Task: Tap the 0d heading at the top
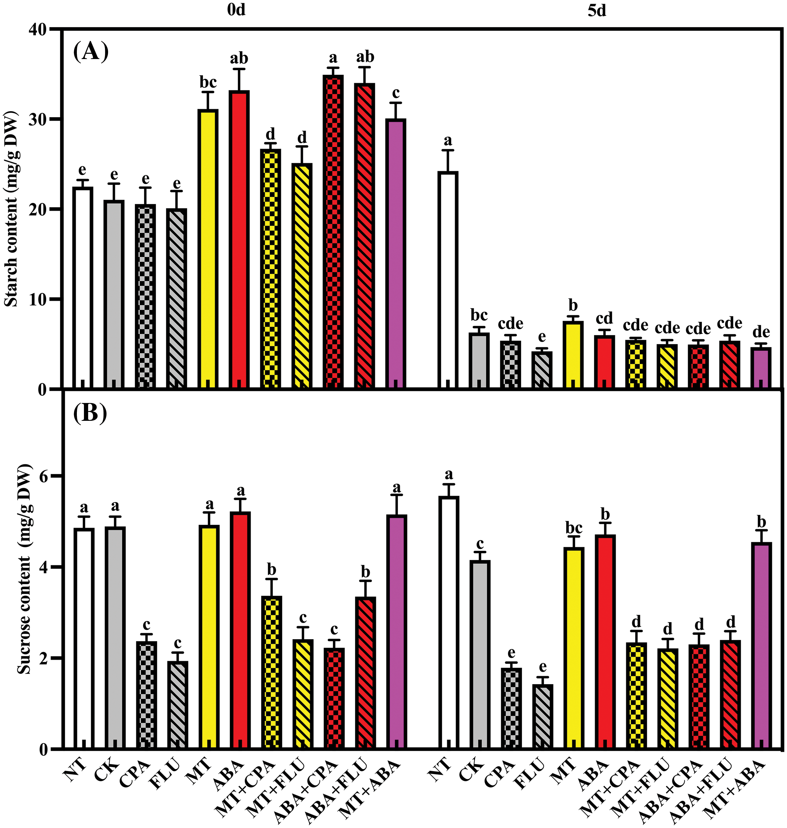(x=236, y=10)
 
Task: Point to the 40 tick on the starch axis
(x=38, y=29)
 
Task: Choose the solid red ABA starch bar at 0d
(x=239, y=239)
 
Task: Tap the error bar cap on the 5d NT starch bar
(x=448, y=150)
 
